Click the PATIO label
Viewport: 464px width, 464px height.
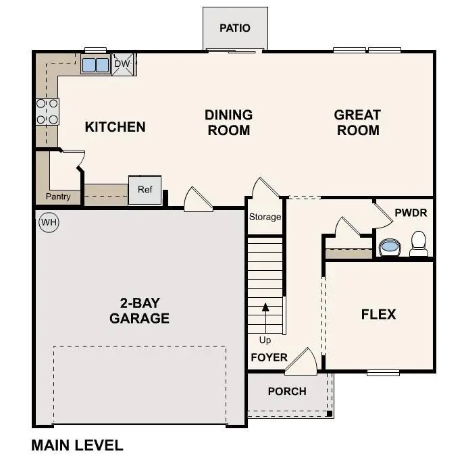pyautogui.click(x=235, y=28)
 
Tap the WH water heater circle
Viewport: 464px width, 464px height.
pyautogui.click(x=49, y=222)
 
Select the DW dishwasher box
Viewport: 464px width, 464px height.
pyautogui.click(x=122, y=64)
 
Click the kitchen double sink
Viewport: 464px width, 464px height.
pyautogui.click(x=95, y=65)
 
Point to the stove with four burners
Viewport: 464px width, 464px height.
pyautogui.click(x=47, y=111)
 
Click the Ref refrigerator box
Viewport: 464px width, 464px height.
pyautogui.click(x=145, y=190)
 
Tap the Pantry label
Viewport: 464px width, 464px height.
pyautogui.click(x=58, y=197)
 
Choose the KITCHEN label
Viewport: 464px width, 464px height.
pyautogui.click(x=115, y=127)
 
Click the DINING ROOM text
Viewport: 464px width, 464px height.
pyautogui.click(x=228, y=122)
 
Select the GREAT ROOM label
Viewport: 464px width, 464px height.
pyautogui.click(x=357, y=122)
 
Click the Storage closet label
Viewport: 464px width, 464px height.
pyautogui.click(x=265, y=217)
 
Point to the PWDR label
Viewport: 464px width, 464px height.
pyautogui.click(x=411, y=213)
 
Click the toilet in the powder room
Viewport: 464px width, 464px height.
pyautogui.click(x=419, y=243)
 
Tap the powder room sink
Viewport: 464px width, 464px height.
pyautogui.click(x=390, y=247)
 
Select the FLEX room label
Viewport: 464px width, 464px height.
pyautogui.click(x=378, y=314)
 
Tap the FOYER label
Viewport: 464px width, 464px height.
pyautogui.click(x=269, y=357)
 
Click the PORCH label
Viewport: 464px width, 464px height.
pyautogui.click(x=287, y=391)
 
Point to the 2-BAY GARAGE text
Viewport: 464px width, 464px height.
pyautogui.click(x=139, y=310)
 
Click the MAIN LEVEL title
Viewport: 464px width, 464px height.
pyautogui.click(x=77, y=445)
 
